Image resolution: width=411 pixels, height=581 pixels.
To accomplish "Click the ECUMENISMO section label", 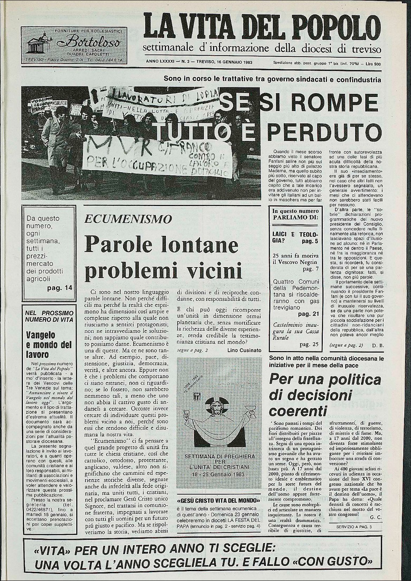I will [128, 219].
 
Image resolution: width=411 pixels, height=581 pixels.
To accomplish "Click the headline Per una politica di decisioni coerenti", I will [325, 395].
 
